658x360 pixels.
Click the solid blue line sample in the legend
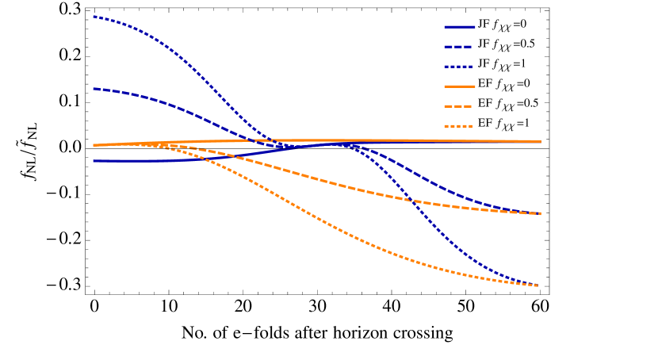point(459,25)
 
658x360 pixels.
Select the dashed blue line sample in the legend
point(459,45)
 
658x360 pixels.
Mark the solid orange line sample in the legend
point(459,85)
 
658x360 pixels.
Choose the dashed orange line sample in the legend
point(459,105)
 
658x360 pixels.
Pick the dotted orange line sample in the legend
point(459,124)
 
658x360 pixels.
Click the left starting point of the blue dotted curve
point(94,16)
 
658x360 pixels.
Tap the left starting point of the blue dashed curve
point(94,88)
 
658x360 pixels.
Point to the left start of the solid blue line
point(94,161)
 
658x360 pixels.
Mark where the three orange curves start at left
point(94,145)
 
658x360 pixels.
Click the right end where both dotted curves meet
point(540,285)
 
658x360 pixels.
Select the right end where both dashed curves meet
point(540,213)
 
